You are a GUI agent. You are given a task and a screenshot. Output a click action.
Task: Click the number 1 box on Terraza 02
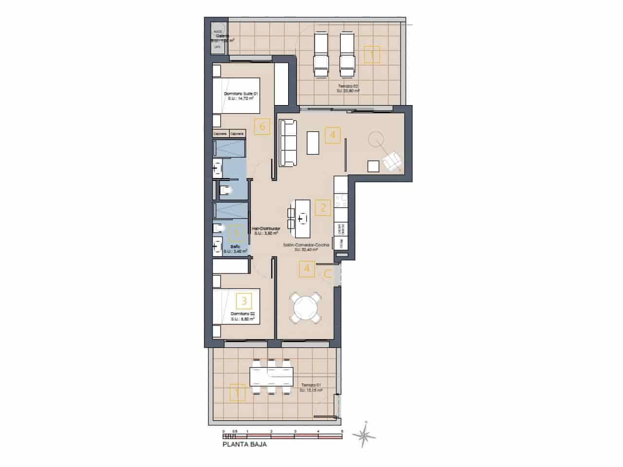tap(372, 55)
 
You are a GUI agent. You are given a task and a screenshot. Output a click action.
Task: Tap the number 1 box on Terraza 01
tap(237, 393)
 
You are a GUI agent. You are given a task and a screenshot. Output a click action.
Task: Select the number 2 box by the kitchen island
tap(322, 208)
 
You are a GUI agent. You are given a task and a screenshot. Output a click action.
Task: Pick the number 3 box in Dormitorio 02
tap(243, 299)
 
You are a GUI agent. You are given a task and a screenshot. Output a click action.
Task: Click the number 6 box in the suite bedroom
tap(262, 127)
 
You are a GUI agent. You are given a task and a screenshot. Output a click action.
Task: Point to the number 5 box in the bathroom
tap(236, 233)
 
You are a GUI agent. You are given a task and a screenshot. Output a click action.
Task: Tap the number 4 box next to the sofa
tap(332, 135)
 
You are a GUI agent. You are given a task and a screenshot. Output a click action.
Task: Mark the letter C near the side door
tap(328, 274)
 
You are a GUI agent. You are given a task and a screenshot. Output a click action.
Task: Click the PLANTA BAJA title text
tap(244, 444)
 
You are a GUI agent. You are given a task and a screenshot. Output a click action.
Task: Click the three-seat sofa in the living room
tap(288, 143)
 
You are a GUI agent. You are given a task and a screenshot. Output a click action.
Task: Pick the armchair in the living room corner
tap(392, 161)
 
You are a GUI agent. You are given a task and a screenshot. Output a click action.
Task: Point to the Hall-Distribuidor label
tap(265, 231)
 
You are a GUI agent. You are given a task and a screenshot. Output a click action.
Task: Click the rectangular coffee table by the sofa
tap(313, 142)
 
